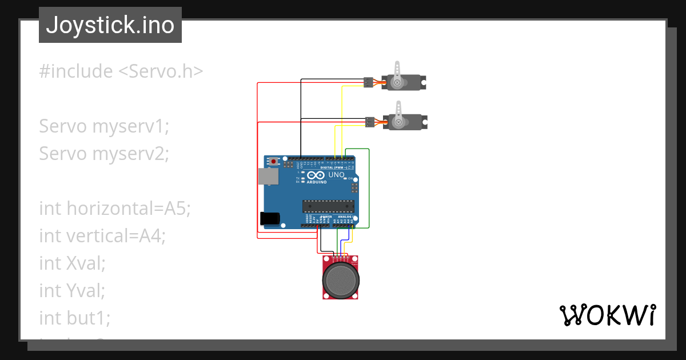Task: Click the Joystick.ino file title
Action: pos(110,25)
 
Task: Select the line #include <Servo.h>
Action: pos(121,71)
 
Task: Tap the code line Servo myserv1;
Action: pos(104,126)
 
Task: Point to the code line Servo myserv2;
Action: pos(104,154)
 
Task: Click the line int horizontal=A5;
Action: pos(114,209)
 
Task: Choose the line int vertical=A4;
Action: pos(102,235)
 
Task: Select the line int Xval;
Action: pos(73,263)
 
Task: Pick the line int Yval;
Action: pos(73,290)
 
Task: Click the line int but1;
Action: pos(75,318)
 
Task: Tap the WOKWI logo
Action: pos(607,315)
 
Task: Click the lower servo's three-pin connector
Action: pos(370,122)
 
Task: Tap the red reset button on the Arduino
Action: pos(274,162)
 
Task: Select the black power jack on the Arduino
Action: pos(269,218)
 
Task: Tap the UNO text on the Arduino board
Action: pos(336,174)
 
